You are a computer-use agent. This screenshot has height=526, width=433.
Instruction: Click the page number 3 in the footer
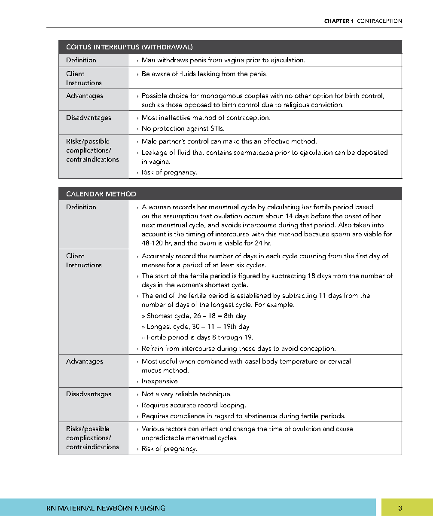tap(400, 508)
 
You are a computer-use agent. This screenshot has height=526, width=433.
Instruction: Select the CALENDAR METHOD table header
tap(101, 194)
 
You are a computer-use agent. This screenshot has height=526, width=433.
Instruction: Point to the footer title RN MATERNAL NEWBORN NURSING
tap(106, 508)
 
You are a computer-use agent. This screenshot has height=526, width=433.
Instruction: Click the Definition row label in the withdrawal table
tap(81, 60)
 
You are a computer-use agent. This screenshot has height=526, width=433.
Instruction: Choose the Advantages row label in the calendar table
tap(85, 361)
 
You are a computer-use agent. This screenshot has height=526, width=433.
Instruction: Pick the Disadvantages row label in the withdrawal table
tap(88, 118)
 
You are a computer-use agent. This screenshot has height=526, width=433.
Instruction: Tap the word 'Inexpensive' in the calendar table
tap(159, 381)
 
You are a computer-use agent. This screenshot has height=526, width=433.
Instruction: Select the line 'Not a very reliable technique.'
tap(186, 394)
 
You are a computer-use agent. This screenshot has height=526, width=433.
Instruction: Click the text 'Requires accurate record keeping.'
tap(194, 405)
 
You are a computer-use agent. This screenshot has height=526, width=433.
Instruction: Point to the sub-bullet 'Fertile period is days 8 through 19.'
tap(201, 337)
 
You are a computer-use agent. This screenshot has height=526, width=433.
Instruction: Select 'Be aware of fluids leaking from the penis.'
tap(204, 74)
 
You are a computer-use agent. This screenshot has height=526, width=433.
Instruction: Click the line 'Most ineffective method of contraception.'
tap(206, 118)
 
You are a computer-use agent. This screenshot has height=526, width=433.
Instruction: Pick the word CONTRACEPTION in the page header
tap(380, 21)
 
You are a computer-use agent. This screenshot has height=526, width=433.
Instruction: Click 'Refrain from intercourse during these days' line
tap(238, 349)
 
